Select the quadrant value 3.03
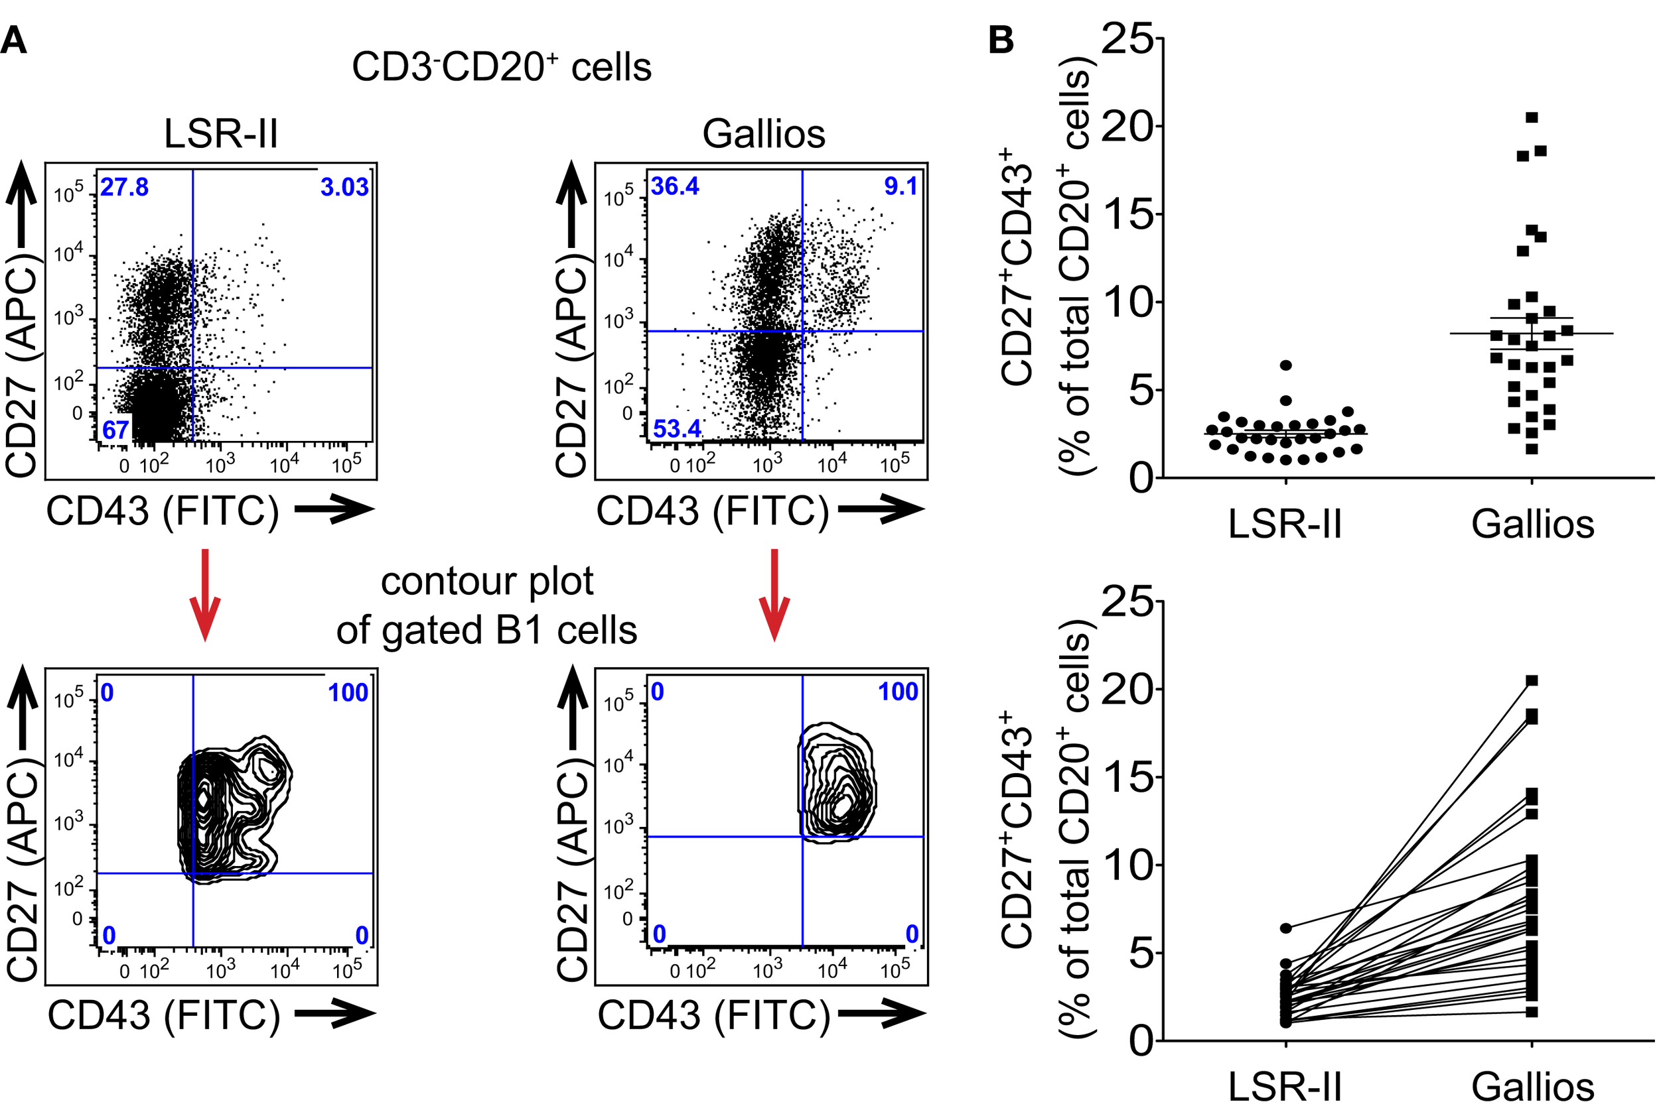click(x=344, y=188)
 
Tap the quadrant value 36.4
click(x=674, y=187)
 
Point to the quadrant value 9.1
click(x=900, y=187)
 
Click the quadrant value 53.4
click(x=677, y=429)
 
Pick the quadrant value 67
click(x=115, y=430)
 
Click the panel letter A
click(x=14, y=40)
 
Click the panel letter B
click(x=1001, y=40)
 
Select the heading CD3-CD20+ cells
click(x=501, y=68)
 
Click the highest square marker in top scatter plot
click(x=1532, y=117)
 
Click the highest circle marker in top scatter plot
click(x=1286, y=365)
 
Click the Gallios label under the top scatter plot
click(x=1532, y=525)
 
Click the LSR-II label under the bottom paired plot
click(x=1285, y=1087)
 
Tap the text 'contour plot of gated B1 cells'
click(x=487, y=605)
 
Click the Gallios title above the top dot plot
click(x=763, y=133)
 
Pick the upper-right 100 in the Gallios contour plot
click(x=898, y=692)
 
